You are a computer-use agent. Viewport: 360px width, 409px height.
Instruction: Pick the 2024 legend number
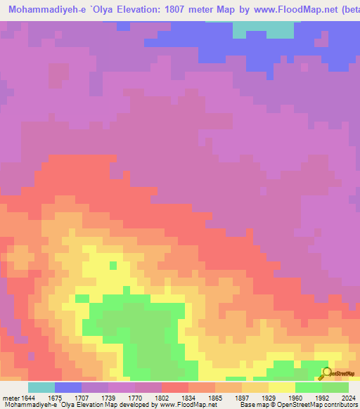click(x=349, y=398)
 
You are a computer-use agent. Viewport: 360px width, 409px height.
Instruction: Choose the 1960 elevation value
click(x=295, y=398)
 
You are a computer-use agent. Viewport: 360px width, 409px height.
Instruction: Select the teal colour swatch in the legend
click(x=41, y=387)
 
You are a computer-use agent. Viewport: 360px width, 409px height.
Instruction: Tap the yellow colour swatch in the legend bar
click(x=282, y=387)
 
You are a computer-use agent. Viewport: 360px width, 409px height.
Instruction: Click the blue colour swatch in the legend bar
click(x=68, y=387)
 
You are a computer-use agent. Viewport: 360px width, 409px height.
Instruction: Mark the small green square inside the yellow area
click(x=112, y=265)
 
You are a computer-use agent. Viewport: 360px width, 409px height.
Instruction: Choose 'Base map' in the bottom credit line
click(x=251, y=405)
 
